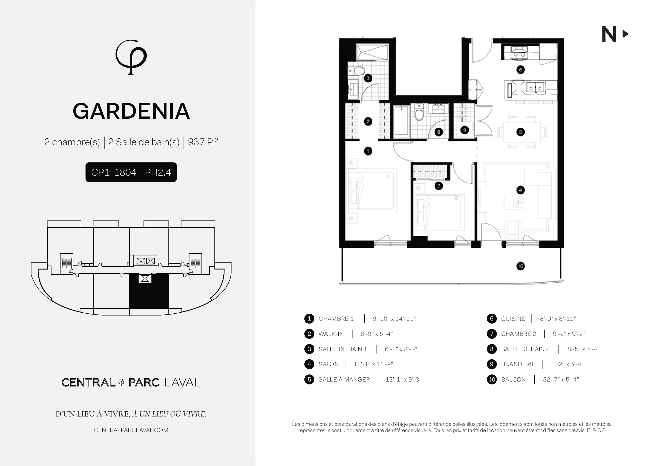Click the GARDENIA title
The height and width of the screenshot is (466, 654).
click(131, 111)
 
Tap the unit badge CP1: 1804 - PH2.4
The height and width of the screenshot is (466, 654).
click(131, 172)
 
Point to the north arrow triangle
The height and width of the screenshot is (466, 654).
click(625, 34)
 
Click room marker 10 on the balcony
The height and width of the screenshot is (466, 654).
click(520, 266)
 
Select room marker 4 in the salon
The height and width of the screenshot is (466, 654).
click(520, 190)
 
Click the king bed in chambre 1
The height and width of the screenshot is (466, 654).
click(373, 191)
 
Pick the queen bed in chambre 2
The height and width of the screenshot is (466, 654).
click(439, 212)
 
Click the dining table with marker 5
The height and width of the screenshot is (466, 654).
click(522, 132)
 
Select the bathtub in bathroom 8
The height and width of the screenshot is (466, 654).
click(401, 120)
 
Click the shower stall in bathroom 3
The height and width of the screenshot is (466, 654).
click(372, 52)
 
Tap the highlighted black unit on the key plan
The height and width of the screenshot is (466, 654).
click(149, 291)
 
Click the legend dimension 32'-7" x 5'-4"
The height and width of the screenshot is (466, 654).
click(561, 379)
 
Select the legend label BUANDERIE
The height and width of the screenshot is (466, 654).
click(518, 364)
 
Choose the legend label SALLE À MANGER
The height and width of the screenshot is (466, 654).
click(344, 379)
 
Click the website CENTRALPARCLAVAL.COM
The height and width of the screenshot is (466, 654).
click(131, 430)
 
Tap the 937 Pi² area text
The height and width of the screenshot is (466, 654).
click(203, 142)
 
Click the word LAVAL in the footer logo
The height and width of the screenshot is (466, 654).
click(182, 383)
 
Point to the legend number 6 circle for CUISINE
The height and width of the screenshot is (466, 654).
click(491, 319)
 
